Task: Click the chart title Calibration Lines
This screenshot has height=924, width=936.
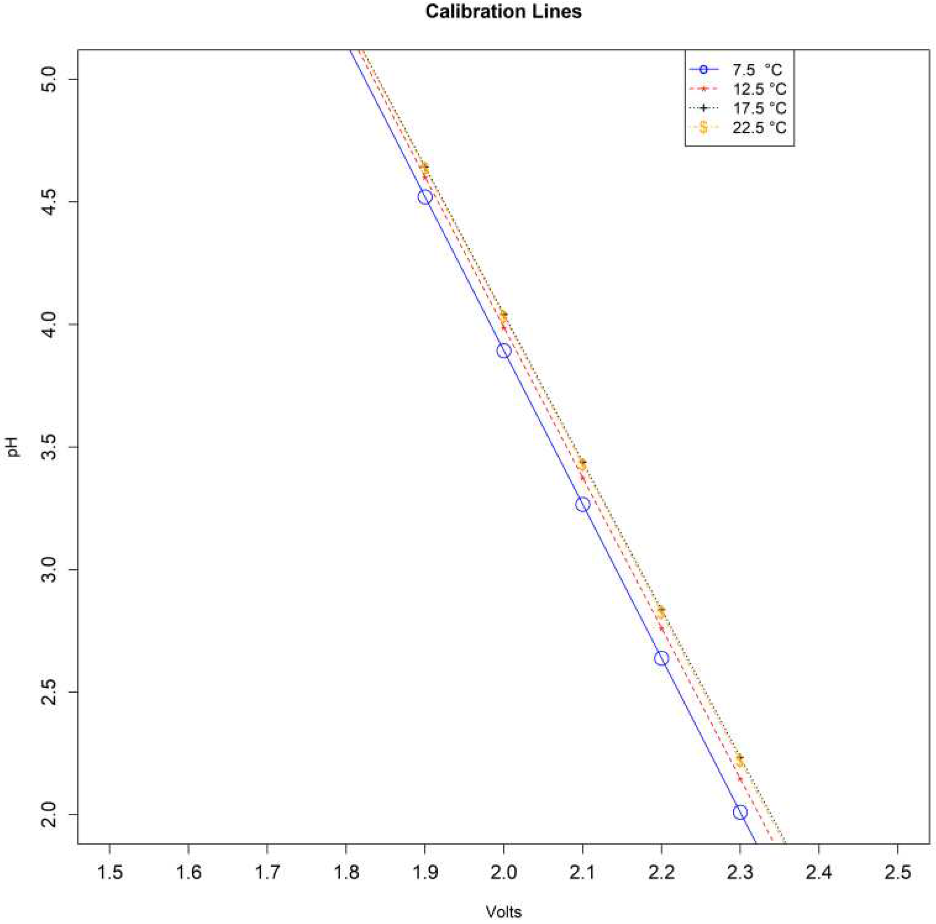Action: point(503,12)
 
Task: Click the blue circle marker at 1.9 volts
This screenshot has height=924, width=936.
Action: point(425,197)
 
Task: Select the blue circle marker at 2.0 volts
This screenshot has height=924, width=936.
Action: point(504,351)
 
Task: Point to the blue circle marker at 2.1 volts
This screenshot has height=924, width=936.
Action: point(583,505)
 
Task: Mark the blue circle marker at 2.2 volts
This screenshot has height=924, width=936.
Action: point(661,658)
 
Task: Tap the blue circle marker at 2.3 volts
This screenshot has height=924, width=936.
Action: point(740,812)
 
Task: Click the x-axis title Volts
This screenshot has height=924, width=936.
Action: point(503,898)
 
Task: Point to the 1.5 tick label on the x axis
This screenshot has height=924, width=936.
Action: point(109,859)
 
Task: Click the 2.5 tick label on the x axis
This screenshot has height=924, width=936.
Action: point(897,859)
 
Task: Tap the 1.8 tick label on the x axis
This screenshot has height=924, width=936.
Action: point(346,859)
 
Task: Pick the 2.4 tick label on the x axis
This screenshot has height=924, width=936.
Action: point(818,859)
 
